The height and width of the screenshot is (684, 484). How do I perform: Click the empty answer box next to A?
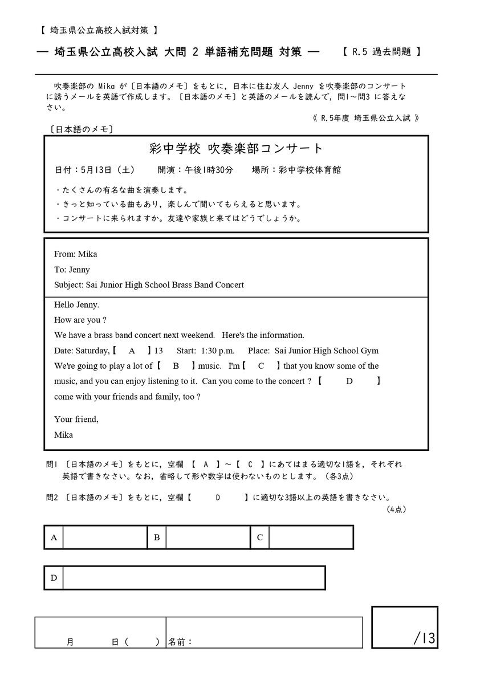(x=105, y=537)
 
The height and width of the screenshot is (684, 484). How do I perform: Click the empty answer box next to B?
(x=208, y=537)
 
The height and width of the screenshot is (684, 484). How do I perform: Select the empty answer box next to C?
(x=311, y=537)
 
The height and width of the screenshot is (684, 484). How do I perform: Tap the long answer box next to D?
(x=194, y=578)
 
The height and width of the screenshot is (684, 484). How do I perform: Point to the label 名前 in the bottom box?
(x=180, y=642)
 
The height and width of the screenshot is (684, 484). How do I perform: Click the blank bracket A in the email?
(x=132, y=351)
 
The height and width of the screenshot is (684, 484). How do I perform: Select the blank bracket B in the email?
(x=176, y=366)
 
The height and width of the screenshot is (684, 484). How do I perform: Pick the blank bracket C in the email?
(x=261, y=366)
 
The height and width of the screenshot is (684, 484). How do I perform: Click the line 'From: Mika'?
(x=76, y=254)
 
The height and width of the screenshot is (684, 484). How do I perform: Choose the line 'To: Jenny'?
(x=72, y=270)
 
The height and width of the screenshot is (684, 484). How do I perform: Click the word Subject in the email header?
(x=68, y=285)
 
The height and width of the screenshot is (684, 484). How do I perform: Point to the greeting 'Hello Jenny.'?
(x=77, y=305)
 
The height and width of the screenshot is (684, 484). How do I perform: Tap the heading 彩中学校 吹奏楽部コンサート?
(x=235, y=149)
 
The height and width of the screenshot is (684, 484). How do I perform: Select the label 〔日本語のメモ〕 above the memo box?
(x=82, y=129)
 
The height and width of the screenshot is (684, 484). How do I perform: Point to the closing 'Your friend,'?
(x=76, y=420)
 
